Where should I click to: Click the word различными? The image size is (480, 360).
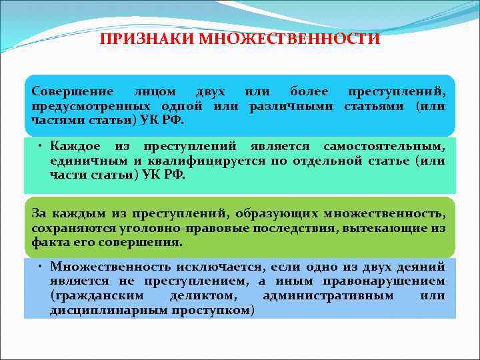click(x=293, y=107)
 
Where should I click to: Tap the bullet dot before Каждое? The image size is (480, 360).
click(x=41, y=145)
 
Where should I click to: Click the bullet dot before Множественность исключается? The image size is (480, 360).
click(x=41, y=265)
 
